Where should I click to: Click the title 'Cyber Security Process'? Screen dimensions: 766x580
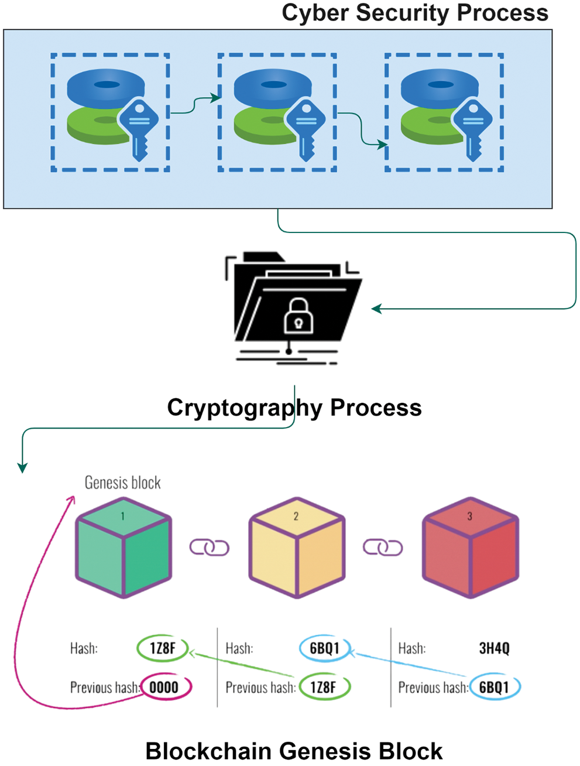click(x=415, y=13)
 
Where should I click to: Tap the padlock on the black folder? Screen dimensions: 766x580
click(x=298, y=316)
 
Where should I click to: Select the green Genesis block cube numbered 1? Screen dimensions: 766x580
click(x=123, y=548)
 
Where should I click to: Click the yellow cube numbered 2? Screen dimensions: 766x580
click(x=297, y=548)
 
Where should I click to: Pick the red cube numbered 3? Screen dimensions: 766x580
click(x=471, y=548)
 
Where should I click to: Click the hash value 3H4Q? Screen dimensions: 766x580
click(x=494, y=648)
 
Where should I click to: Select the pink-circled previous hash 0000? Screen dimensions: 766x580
click(x=164, y=687)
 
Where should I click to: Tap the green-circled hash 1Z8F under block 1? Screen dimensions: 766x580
click(x=163, y=648)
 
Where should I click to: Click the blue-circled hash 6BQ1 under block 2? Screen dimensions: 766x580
click(x=324, y=648)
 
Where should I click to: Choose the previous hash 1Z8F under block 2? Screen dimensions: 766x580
click(x=324, y=687)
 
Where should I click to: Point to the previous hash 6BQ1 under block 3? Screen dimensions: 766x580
click(x=494, y=687)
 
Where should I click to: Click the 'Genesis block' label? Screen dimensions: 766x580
click(x=122, y=483)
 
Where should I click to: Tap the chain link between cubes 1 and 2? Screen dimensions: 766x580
click(x=209, y=548)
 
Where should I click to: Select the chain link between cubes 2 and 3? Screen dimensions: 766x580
click(x=383, y=548)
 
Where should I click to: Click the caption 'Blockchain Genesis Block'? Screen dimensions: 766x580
click(x=294, y=751)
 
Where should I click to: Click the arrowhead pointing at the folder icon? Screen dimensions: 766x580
click(x=376, y=309)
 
